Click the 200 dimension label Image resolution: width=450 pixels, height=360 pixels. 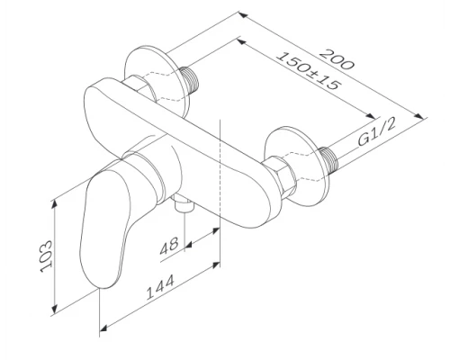pyautogui.click(x=337, y=59)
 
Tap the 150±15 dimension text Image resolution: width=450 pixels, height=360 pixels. pyautogui.click(x=309, y=71)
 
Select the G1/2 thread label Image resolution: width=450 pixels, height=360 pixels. pyautogui.click(x=377, y=132)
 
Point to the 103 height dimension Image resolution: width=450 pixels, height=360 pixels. pyautogui.click(x=46, y=256)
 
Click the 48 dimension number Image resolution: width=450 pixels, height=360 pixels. pyautogui.click(x=169, y=246)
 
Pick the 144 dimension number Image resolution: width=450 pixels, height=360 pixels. pyautogui.click(x=160, y=288)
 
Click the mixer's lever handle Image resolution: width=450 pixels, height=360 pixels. pyautogui.click(x=105, y=228)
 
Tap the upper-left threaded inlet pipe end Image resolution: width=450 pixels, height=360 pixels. pyautogui.click(x=191, y=79)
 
